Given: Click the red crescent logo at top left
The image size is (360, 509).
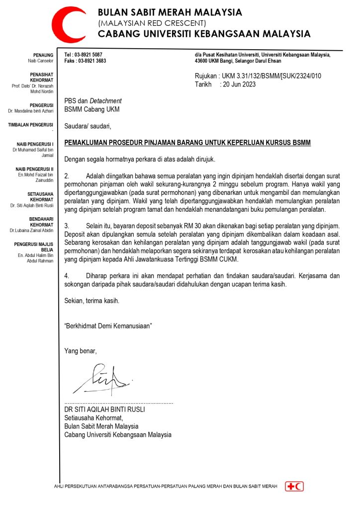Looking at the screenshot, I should (x=70, y=24).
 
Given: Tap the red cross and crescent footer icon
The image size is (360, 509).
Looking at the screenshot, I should (x=294, y=486).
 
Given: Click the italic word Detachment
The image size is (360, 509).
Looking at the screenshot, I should (x=105, y=101).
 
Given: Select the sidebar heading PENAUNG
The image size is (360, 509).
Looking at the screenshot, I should (x=43, y=54).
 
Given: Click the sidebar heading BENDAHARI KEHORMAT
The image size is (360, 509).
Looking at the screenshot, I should (x=42, y=222).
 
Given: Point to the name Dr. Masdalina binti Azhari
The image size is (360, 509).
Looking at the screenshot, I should (x=34, y=111).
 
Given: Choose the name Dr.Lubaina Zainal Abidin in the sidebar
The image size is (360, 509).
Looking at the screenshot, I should (x=32, y=231).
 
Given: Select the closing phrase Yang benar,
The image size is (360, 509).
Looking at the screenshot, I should (x=81, y=351).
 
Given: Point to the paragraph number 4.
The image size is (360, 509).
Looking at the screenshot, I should (x=67, y=275).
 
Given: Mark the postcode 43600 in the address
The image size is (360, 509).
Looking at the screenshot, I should (x=203, y=61).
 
